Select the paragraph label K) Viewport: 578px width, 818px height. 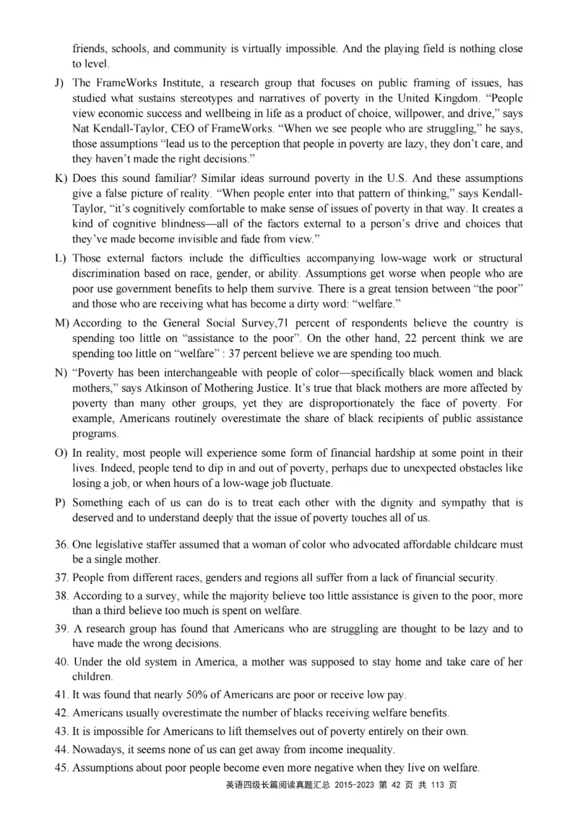coord(60,178)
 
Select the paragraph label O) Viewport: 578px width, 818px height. coord(60,453)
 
